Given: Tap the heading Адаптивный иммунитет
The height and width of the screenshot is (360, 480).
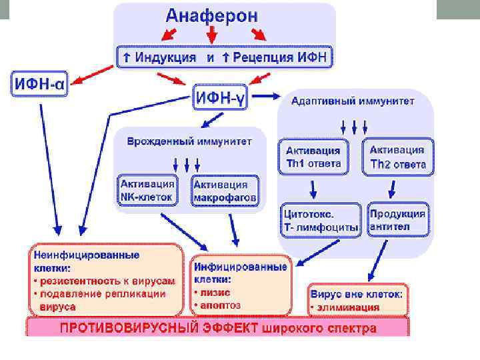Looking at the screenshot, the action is [x=353, y=101].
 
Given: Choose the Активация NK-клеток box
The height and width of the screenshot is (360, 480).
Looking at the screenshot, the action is [x=147, y=190].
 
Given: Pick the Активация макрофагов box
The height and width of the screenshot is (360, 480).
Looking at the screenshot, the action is [x=225, y=191].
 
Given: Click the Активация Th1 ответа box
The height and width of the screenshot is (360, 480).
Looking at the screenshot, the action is [x=314, y=157].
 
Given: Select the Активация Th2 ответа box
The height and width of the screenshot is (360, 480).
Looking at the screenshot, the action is [x=397, y=157].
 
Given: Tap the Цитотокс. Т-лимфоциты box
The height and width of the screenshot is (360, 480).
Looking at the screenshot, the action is [x=320, y=221].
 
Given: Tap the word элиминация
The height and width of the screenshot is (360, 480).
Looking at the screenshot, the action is [x=349, y=307].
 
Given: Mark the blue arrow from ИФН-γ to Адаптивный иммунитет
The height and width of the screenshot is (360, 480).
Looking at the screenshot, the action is [x=266, y=97].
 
